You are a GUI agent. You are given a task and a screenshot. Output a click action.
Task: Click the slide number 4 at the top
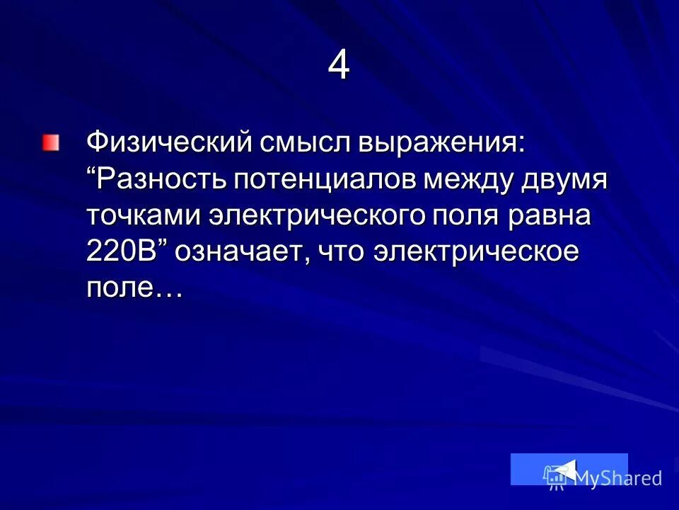(x=339, y=67)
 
